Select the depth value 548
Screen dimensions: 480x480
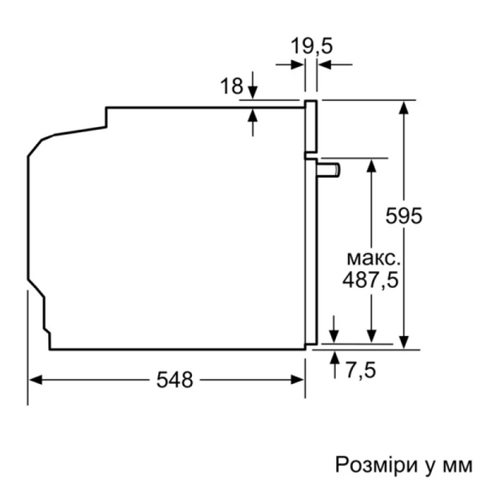(x=174, y=380)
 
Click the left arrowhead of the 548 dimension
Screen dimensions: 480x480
(x=36, y=380)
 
